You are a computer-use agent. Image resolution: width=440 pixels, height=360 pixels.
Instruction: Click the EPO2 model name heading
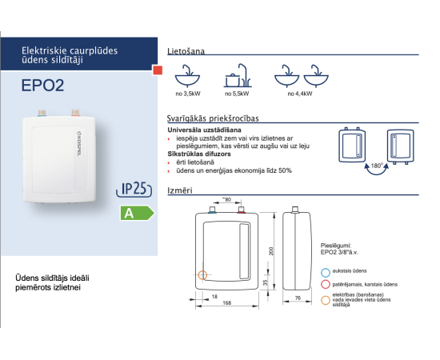pos(42,86)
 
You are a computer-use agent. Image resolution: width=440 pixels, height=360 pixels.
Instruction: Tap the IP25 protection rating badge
pos(134,189)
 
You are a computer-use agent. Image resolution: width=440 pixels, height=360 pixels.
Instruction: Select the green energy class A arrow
pos(138,213)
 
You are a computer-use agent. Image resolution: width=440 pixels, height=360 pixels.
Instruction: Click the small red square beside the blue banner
pos(158,70)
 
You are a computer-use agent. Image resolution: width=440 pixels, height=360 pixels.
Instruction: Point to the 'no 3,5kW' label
pos(188,94)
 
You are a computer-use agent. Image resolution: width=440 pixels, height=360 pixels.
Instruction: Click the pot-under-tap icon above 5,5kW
pos(238,75)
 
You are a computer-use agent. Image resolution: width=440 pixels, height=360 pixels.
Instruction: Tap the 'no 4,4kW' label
pos(300,94)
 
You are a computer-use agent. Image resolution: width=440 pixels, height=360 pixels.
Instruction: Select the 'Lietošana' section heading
pos(186,51)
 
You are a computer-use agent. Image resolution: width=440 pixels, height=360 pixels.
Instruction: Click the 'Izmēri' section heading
pos(180,190)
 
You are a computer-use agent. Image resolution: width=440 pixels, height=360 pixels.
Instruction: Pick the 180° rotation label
pos(377,166)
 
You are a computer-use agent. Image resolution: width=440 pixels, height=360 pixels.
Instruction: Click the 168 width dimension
pos(226,302)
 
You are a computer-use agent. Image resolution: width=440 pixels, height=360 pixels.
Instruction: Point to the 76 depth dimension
pos(298,298)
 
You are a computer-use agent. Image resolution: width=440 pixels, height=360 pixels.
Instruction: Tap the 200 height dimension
pos(271,251)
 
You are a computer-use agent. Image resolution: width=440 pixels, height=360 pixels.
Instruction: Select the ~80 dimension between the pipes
pos(226,199)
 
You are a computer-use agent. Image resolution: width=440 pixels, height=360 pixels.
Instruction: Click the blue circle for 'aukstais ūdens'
pos(326,273)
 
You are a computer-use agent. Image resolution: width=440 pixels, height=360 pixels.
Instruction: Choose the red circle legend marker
pos(326,284)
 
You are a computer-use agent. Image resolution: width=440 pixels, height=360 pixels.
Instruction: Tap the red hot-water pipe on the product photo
pos(75,113)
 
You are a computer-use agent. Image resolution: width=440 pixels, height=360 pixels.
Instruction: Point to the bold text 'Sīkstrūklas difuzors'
pos(199,154)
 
